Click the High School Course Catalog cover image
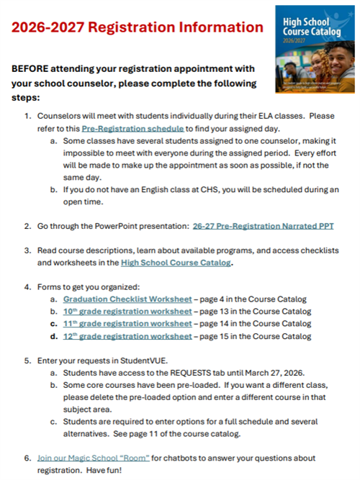pos(313,49)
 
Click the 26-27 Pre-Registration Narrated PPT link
pos(263,226)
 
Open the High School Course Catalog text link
pos(176,263)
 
